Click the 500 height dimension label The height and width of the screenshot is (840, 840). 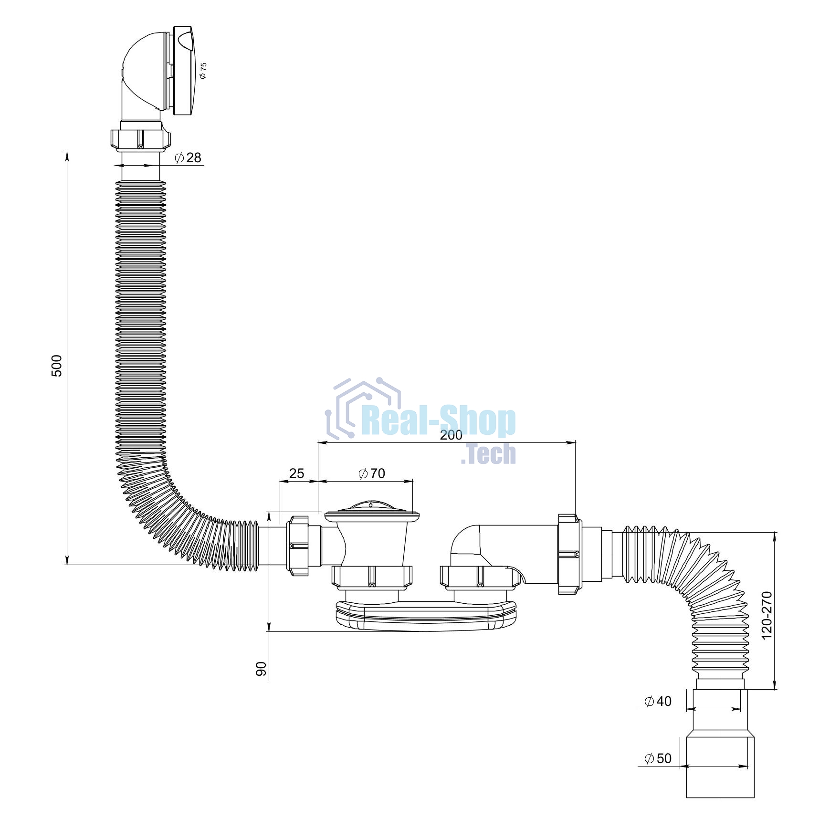coord(56,366)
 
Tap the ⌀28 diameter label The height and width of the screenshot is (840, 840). coord(188,157)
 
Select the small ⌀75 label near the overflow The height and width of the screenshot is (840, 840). coord(203,70)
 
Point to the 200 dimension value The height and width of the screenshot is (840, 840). coord(451,435)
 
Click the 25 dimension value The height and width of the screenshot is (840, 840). coord(296,473)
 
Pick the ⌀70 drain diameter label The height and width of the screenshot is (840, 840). coord(372,473)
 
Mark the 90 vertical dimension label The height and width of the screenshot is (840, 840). coord(261,669)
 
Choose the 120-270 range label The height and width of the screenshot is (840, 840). coord(766,615)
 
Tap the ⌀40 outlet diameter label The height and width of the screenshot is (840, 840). coord(658,701)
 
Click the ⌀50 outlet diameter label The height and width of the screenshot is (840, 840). coord(658,758)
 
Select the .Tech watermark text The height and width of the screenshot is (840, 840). coord(488,454)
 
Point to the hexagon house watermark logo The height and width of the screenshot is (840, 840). coord(363,407)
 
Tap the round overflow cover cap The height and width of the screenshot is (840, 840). coord(184,71)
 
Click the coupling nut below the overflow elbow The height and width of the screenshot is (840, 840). coord(140,139)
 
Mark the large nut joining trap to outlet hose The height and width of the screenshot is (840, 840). coord(570,554)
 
